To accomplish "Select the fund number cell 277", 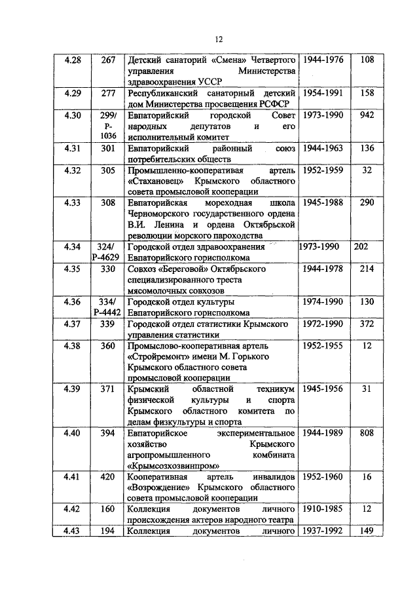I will pyautogui.click(x=108, y=93).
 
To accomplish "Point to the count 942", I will pyautogui.click(x=367, y=115).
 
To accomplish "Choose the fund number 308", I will pyautogui.click(x=108, y=203).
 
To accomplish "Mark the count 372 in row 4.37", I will pyautogui.click(x=367, y=324).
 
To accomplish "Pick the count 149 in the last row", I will pyautogui.click(x=367, y=531).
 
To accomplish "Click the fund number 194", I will pyautogui.click(x=108, y=531).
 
